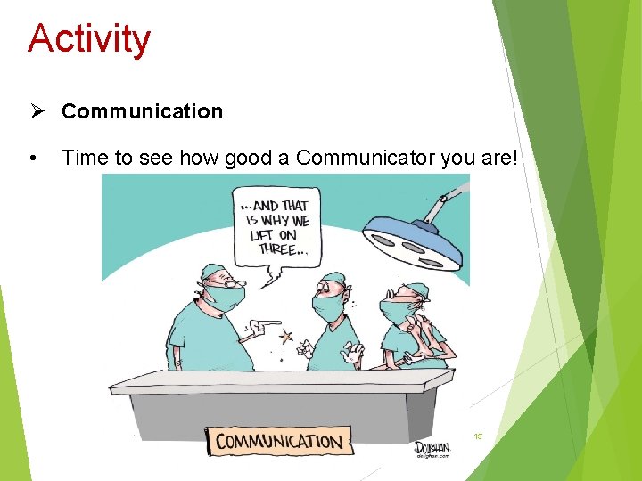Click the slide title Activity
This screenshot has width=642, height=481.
pyautogui.click(x=89, y=39)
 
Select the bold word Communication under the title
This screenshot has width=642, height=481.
pyautogui.click(x=142, y=111)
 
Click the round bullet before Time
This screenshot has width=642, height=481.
pyautogui.click(x=33, y=159)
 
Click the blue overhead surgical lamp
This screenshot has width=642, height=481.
pyautogui.click(x=412, y=241)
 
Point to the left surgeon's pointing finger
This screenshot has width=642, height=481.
pyautogui.click(x=267, y=325)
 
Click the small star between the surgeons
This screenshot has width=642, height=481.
pyautogui.click(x=286, y=337)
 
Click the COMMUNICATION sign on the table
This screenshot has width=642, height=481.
pyautogui.click(x=278, y=441)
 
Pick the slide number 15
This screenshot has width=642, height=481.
pyautogui.click(x=478, y=436)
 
